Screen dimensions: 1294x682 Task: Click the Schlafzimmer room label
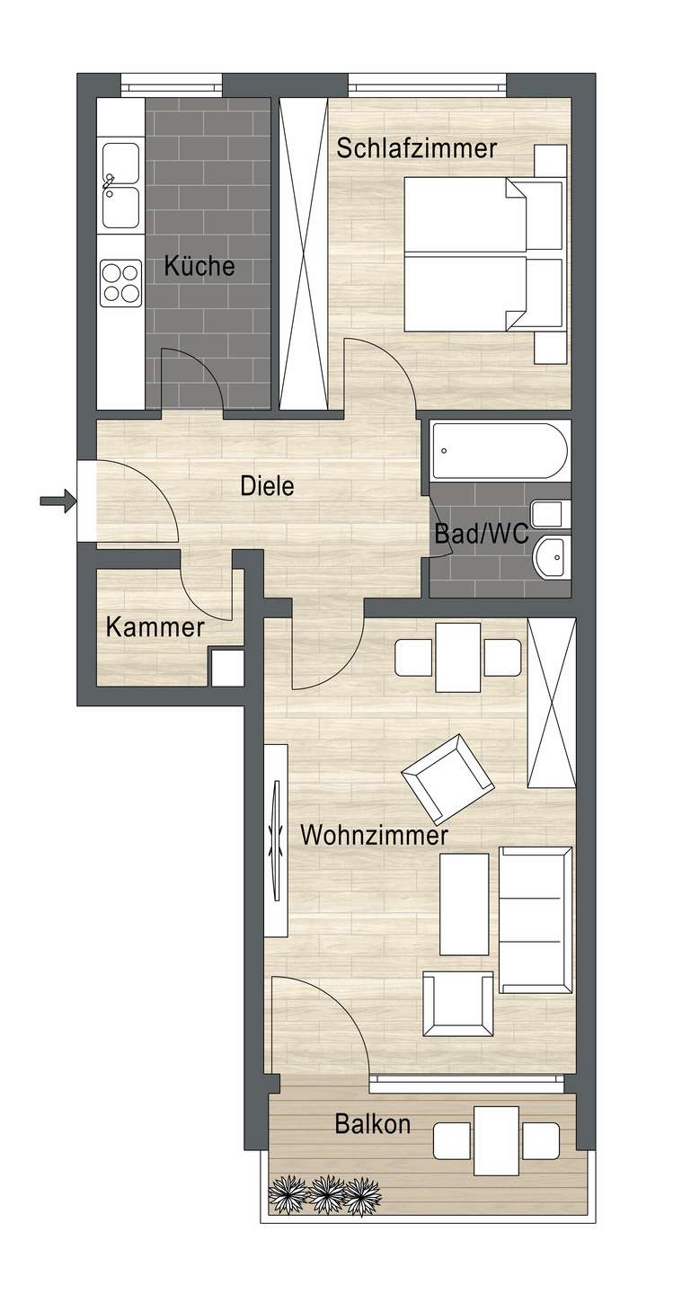point(416,148)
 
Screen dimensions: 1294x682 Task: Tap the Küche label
point(199,267)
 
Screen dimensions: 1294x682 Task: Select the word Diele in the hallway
point(267,486)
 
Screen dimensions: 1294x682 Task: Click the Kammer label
point(155,626)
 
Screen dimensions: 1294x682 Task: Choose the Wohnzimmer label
point(374,836)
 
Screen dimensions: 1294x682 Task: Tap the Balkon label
point(373,1123)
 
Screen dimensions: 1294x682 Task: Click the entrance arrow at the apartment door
point(55,501)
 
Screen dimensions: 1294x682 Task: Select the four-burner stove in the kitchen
point(120,282)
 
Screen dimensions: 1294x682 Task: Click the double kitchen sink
point(120,185)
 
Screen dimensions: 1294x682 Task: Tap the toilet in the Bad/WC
point(547,515)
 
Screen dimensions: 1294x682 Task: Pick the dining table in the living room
point(458,657)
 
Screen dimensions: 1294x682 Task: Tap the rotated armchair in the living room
point(448,778)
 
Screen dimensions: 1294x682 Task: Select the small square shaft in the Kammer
point(226,667)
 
